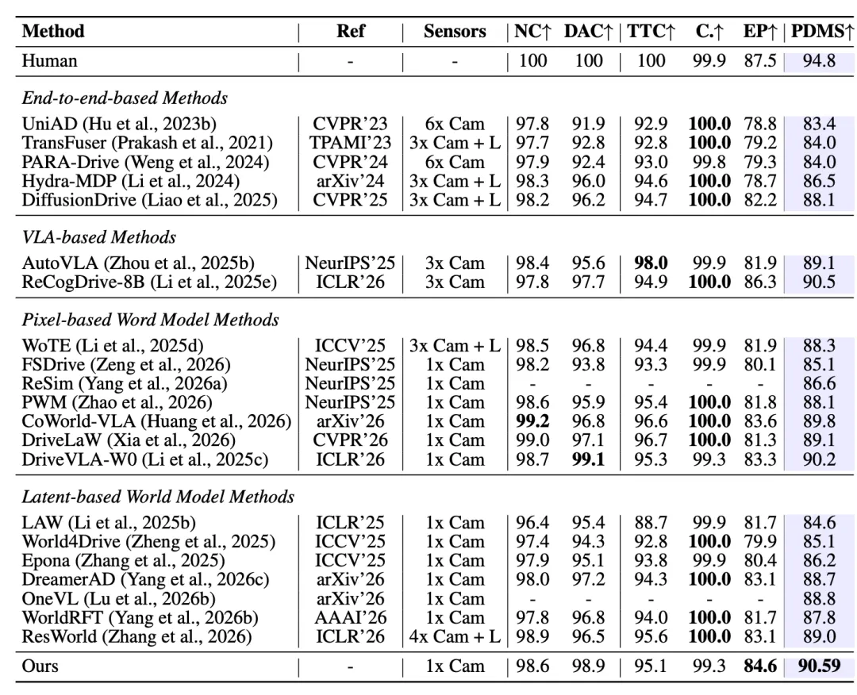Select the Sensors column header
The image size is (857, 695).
(x=455, y=31)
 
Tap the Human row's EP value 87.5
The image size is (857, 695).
(x=759, y=60)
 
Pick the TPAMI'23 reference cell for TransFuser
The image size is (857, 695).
(x=351, y=143)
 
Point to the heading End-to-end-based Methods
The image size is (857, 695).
(x=125, y=98)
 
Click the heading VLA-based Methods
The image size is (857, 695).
(x=99, y=237)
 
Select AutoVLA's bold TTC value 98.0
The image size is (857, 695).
(x=651, y=263)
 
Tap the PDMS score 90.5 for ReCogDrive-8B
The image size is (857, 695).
(x=819, y=282)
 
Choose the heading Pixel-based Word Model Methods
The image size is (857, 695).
(x=150, y=320)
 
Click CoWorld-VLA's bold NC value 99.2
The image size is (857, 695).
(x=532, y=421)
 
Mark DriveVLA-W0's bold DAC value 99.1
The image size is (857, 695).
(x=588, y=459)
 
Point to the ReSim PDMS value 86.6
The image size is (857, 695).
(x=819, y=383)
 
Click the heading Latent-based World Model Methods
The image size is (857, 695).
(x=158, y=497)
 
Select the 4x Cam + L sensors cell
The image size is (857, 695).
(x=455, y=636)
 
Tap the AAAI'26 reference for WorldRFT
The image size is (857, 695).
(x=351, y=617)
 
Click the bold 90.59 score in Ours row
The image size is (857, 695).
(x=819, y=666)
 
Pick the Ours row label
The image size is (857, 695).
(x=40, y=666)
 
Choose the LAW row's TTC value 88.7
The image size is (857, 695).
(x=651, y=523)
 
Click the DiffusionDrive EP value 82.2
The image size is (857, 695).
(x=759, y=200)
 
